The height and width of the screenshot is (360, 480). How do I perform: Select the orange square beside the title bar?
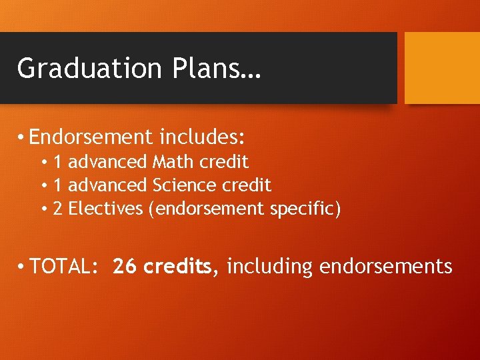(x=442, y=68)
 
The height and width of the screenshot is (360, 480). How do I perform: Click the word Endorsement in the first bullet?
(x=91, y=137)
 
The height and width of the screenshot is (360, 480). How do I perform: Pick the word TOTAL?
(x=65, y=267)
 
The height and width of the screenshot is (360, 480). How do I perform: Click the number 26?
(x=125, y=267)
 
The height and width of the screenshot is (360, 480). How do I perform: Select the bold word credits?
(x=178, y=267)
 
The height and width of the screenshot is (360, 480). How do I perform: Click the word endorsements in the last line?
(x=386, y=267)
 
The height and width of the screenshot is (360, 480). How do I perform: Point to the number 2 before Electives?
(x=58, y=209)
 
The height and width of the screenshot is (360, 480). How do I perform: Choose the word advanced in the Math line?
(x=108, y=161)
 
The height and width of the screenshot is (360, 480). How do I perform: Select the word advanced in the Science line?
(x=108, y=185)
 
